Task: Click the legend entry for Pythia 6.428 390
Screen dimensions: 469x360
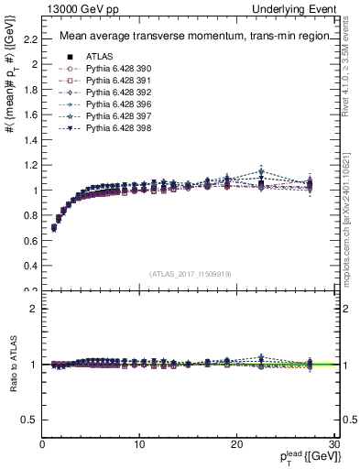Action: (115, 69)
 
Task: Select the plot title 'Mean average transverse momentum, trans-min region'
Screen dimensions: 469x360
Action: (189, 37)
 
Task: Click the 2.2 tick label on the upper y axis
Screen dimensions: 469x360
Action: (30, 39)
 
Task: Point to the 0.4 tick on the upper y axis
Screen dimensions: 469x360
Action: (30, 266)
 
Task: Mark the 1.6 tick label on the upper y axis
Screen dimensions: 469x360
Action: (30, 115)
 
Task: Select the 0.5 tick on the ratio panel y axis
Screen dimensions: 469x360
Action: (30, 420)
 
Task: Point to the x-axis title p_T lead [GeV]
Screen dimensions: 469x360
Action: (301, 457)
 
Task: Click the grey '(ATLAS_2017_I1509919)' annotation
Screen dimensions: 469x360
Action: (190, 273)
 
